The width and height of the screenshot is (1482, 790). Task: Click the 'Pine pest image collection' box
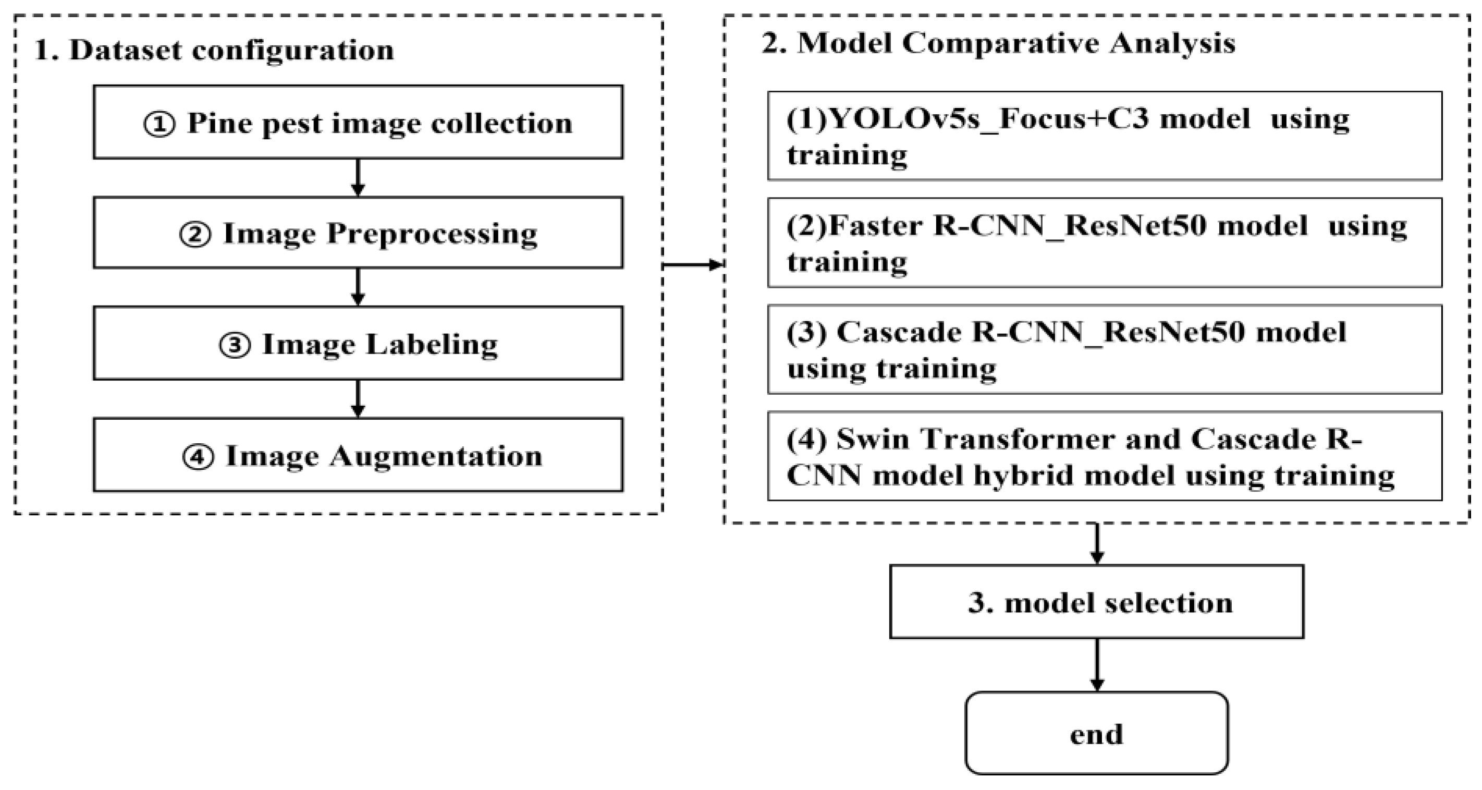[x=358, y=122]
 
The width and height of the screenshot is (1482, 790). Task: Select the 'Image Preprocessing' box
[x=358, y=233]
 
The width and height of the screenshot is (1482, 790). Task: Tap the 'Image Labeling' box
[x=358, y=344]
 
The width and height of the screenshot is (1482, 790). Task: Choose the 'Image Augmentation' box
[x=358, y=455]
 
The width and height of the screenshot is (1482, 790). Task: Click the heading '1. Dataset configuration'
[x=214, y=50]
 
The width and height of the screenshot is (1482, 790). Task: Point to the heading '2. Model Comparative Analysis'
[x=998, y=44]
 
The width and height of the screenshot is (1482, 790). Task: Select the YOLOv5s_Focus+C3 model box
[x=1104, y=136]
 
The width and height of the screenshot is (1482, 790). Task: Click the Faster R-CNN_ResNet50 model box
[x=1104, y=242]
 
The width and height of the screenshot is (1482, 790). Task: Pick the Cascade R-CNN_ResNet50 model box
[x=1104, y=349]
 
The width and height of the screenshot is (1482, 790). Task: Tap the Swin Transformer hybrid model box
[x=1104, y=456]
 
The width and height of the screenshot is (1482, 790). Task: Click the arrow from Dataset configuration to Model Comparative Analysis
[x=693, y=265]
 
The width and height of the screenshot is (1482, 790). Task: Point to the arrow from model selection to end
[x=1097, y=664]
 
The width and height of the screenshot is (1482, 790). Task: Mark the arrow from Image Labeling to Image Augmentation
[x=358, y=398]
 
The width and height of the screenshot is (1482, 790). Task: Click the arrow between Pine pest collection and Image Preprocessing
[x=358, y=177]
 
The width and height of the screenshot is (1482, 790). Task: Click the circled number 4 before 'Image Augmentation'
[x=198, y=457]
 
